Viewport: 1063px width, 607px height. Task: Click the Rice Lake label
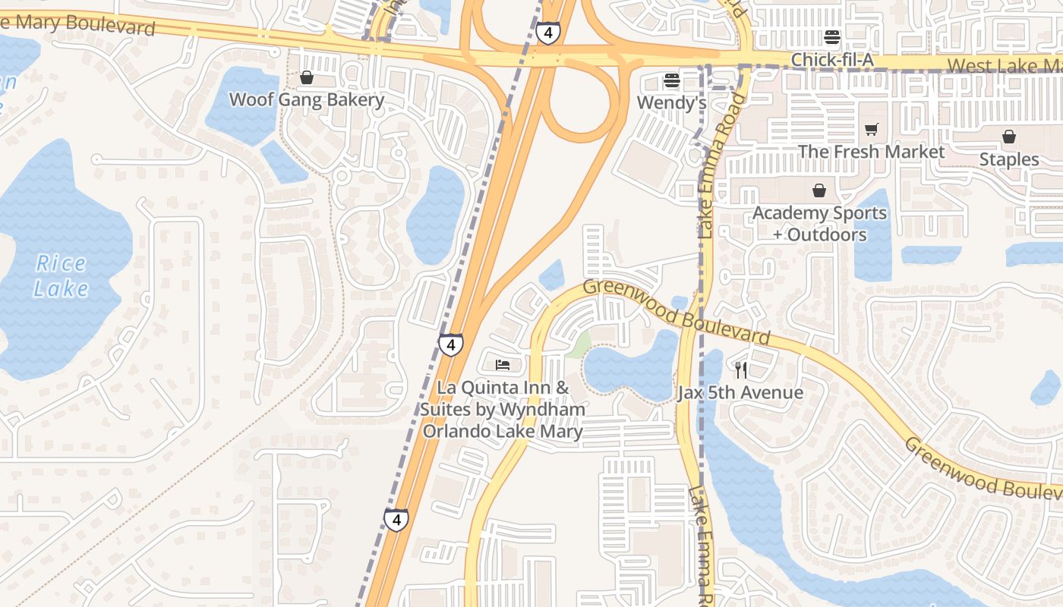tap(62, 276)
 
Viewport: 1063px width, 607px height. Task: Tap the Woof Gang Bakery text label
tap(307, 99)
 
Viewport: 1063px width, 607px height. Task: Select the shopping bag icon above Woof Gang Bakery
tap(307, 77)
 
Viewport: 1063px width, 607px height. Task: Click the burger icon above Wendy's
tap(671, 80)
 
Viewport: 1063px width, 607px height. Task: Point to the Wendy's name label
tap(671, 102)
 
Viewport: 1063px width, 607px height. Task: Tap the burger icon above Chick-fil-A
tap(832, 37)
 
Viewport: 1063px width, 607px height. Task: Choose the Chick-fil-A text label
tap(832, 59)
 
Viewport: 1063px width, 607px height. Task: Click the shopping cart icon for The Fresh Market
tap(871, 130)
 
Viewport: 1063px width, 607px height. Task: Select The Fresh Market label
tap(871, 152)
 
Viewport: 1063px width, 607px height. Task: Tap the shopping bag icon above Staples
tap(1008, 137)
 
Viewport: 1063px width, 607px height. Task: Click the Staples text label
tap(1008, 159)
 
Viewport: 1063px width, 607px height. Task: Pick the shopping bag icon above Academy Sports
tap(819, 190)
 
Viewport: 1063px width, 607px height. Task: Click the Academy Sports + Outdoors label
tap(819, 224)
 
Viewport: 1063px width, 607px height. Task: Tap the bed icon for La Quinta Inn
tap(502, 366)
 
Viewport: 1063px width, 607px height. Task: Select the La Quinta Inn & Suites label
tap(503, 410)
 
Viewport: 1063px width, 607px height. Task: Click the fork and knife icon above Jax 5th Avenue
tap(741, 370)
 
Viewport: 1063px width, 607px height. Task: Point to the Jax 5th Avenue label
tap(740, 392)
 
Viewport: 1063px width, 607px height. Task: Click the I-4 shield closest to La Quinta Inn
tap(450, 345)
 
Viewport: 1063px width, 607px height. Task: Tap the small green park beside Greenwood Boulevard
tap(579, 345)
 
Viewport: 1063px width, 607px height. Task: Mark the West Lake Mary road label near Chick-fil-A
tap(1002, 65)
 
